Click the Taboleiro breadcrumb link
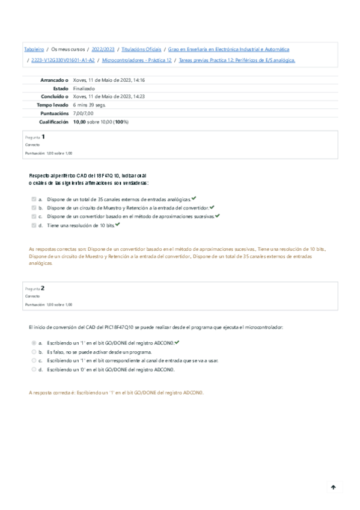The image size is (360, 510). point(34,49)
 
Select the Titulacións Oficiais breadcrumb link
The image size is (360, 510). point(141,49)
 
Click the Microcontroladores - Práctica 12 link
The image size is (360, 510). point(137,60)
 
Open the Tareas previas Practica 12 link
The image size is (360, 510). point(237,60)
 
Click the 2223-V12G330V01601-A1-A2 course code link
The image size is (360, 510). point(63,60)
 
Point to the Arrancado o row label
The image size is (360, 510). point(54,80)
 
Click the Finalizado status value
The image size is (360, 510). point(84,88)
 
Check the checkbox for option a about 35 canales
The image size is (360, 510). point(34,199)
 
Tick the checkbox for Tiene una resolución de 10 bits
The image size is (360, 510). point(34,226)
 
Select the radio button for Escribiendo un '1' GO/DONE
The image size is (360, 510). point(34,343)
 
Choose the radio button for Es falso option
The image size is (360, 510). point(34,352)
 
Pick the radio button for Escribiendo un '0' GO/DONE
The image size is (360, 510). point(34,370)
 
